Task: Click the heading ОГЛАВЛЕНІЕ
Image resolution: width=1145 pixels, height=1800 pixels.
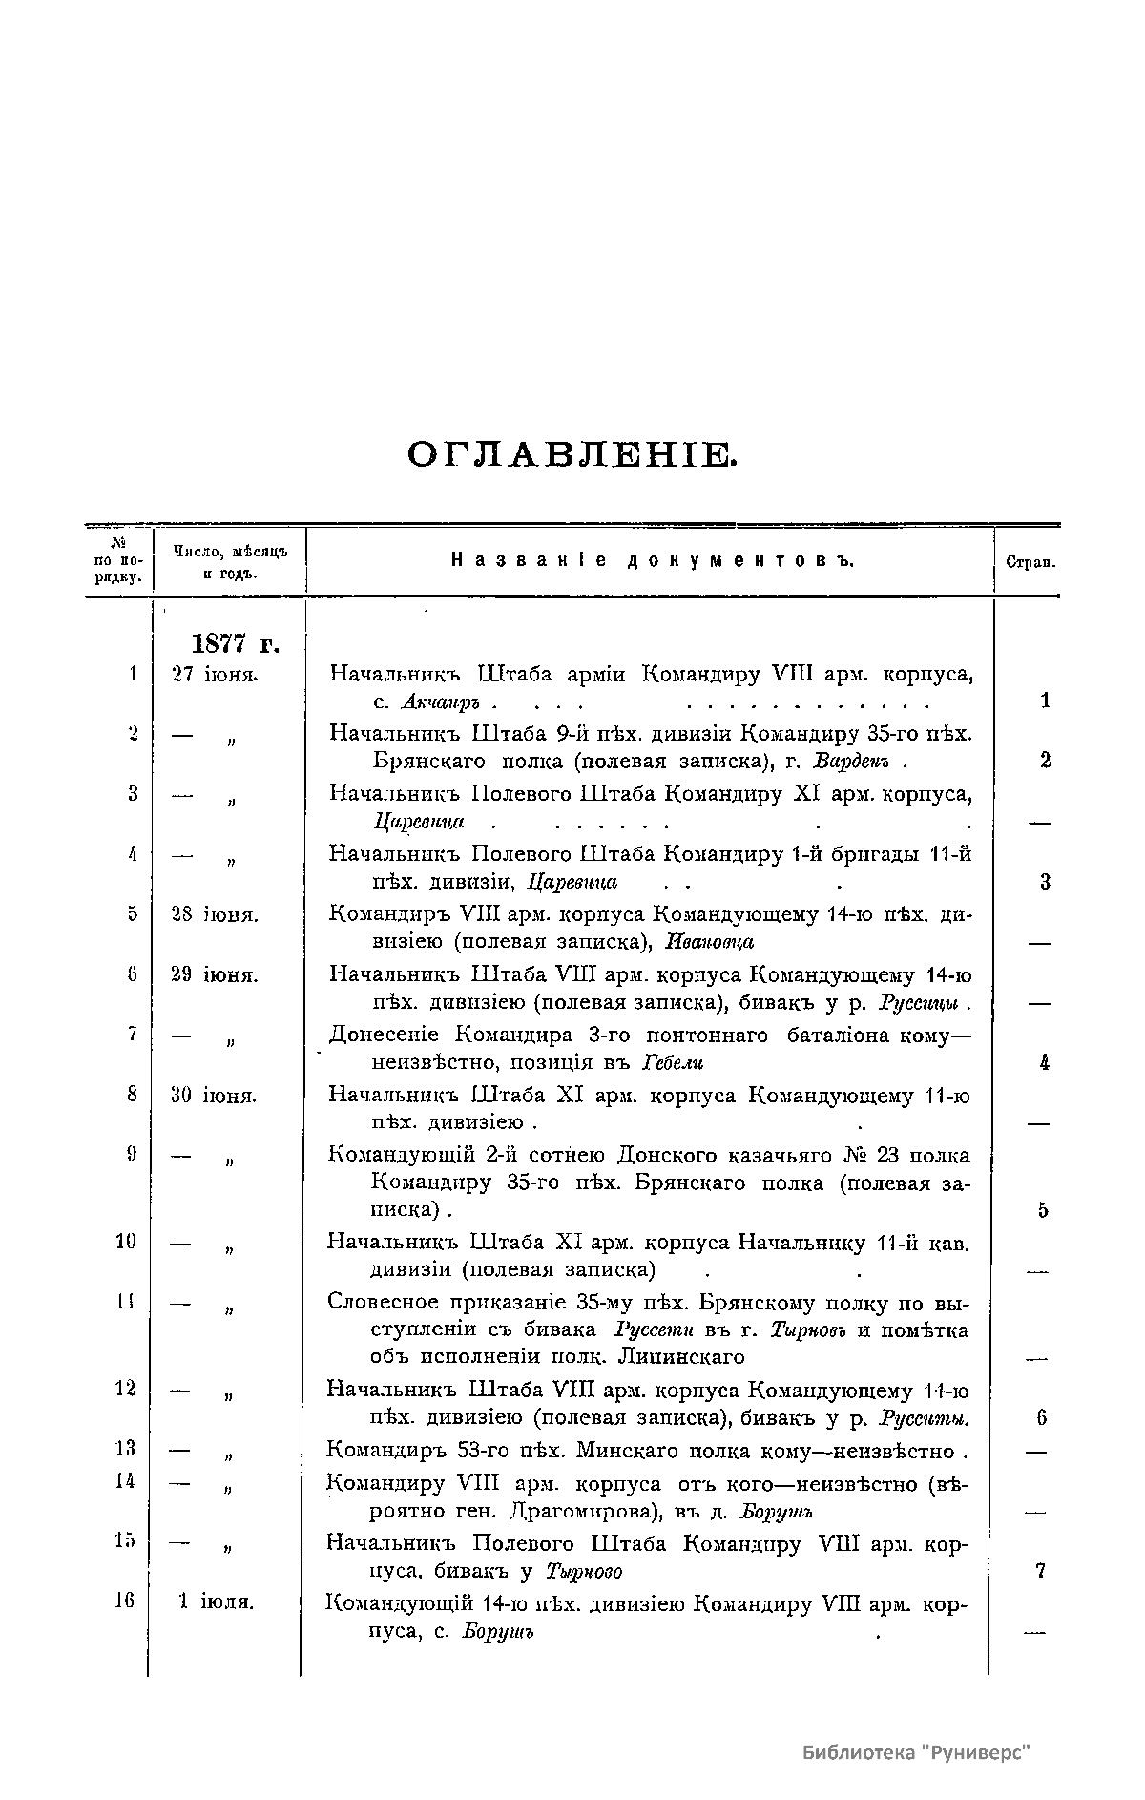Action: (572, 455)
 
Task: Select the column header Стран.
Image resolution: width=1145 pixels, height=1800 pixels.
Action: (1030, 563)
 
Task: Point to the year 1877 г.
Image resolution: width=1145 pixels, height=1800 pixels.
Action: (236, 644)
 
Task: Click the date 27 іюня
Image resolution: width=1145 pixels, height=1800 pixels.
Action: (214, 675)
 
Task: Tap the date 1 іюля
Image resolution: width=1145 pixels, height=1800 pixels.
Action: (217, 1601)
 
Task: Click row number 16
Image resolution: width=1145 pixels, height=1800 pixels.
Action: (125, 1601)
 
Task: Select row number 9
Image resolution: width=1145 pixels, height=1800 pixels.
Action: (132, 1155)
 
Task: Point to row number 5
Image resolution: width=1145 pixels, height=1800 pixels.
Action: (132, 914)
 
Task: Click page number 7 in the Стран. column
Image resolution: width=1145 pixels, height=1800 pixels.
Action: (1040, 1571)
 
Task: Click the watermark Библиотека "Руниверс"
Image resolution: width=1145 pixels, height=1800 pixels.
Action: (918, 1752)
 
